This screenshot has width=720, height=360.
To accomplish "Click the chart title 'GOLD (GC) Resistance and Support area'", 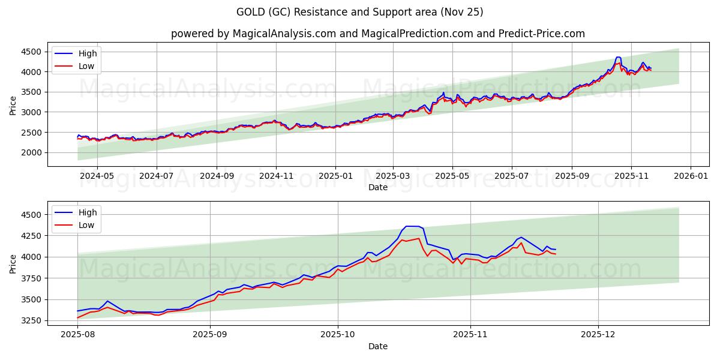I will click(x=359, y=12).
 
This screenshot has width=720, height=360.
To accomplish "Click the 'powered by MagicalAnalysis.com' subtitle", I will click(x=377, y=34).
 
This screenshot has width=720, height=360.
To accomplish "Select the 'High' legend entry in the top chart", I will click(x=88, y=53).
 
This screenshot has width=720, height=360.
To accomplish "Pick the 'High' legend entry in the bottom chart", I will click(x=88, y=212).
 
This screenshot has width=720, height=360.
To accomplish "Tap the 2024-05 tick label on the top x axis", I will click(x=97, y=176).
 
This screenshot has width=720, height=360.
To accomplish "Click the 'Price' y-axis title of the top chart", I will click(x=13, y=105).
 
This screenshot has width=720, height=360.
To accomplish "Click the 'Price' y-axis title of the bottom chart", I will click(x=13, y=263).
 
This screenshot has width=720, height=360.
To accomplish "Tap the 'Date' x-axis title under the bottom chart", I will click(x=377, y=346).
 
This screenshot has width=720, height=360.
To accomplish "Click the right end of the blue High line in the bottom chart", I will click(x=556, y=250).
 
